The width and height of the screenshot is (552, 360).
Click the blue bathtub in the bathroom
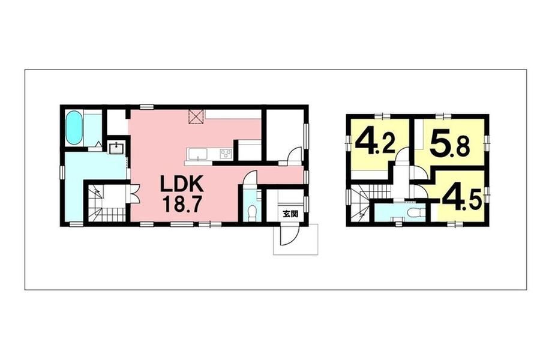pyautogui.click(x=74, y=128)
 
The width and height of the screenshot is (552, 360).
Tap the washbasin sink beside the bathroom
pyautogui.click(x=116, y=148)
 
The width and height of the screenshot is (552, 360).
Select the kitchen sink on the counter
pyautogui.click(x=199, y=154)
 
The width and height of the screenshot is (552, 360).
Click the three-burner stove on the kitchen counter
pyautogui.click(x=226, y=154)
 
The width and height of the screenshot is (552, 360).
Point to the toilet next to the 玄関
pyautogui.click(x=252, y=213)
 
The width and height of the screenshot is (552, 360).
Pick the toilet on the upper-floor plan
pyautogui.click(x=412, y=212)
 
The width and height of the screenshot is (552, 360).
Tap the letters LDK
pyautogui.click(x=181, y=184)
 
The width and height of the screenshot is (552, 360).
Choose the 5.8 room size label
pyautogui.click(x=449, y=143)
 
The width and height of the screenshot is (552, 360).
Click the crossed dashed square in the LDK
pyautogui.click(x=197, y=116)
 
